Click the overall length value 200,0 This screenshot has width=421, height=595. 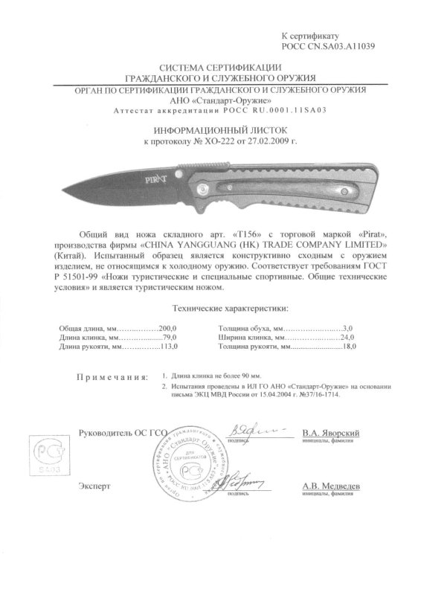click(169, 327)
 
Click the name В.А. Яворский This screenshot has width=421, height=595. click(331, 432)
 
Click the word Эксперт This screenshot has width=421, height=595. click(94, 485)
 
